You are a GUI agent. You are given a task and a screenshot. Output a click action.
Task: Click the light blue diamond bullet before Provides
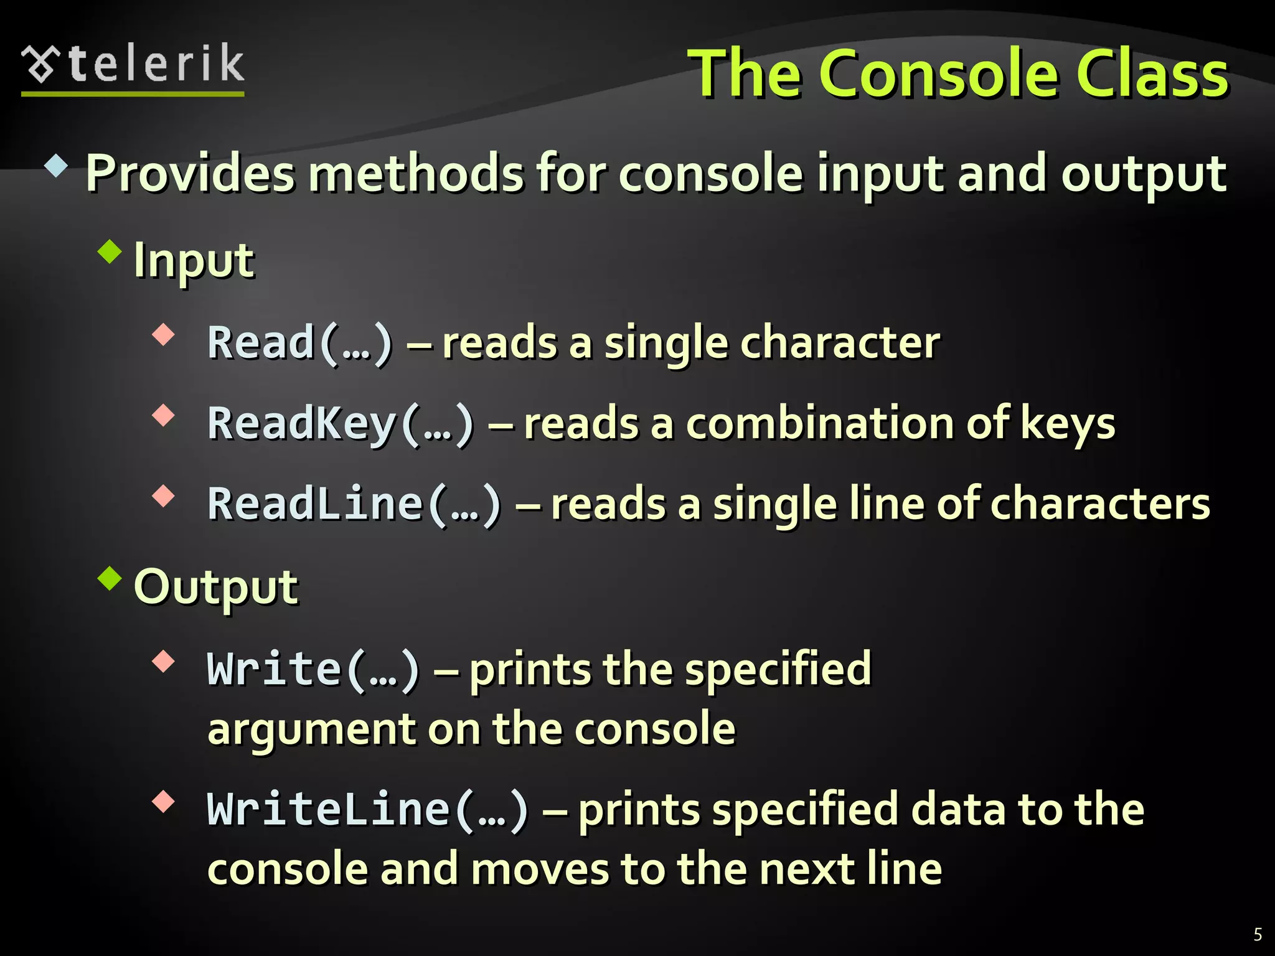[x=56, y=166]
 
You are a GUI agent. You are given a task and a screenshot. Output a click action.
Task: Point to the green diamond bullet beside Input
[x=110, y=252]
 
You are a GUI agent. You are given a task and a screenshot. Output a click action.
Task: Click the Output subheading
[x=216, y=587]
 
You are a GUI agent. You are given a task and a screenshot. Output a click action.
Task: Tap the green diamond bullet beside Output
[x=110, y=578]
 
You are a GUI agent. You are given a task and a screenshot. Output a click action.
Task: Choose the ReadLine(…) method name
[x=354, y=504]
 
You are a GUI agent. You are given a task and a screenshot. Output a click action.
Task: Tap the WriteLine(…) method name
[x=367, y=809]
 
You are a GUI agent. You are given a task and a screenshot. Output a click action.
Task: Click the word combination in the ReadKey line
[x=819, y=424]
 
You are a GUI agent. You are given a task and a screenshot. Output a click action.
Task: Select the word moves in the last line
[x=539, y=869]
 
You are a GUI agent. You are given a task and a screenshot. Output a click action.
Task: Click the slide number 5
[x=1258, y=934]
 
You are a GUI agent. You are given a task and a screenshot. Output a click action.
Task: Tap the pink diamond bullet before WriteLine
[x=163, y=801]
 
